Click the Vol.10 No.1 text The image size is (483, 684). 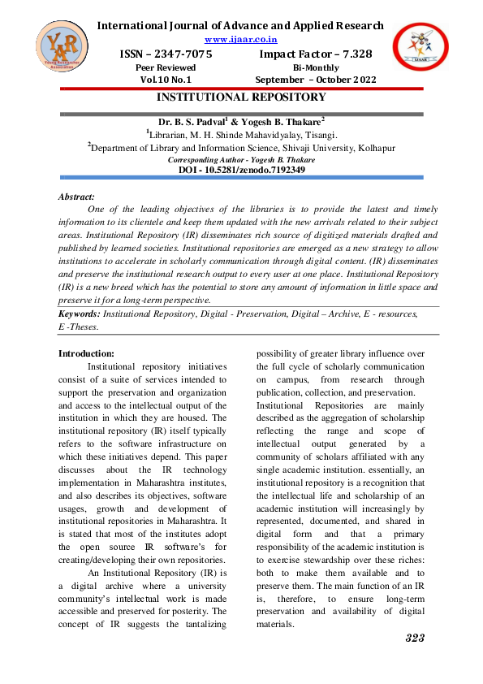[x=166, y=80]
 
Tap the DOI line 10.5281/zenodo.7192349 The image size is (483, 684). [x=241, y=170]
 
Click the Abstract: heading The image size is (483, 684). [x=76, y=197]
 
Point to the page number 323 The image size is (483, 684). [x=415, y=638]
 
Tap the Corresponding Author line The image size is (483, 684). [x=241, y=160]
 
